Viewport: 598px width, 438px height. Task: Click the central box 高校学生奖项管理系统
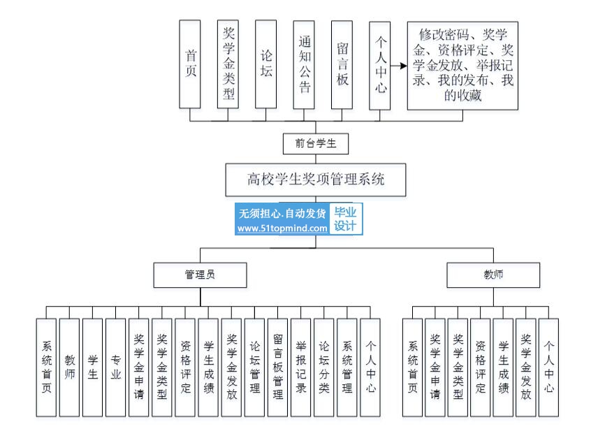pos(315,180)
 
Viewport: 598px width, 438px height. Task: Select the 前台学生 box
pos(315,144)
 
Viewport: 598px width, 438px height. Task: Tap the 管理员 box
pos(200,275)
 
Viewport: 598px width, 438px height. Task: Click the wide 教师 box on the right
pos(493,275)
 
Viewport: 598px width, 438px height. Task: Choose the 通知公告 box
pos(304,64)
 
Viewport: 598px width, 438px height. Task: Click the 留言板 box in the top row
pos(342,64)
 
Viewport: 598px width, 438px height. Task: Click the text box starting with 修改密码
pos(462,65)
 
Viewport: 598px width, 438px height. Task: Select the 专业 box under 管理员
pos(116,368)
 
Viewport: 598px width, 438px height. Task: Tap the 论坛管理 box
pos(255,368)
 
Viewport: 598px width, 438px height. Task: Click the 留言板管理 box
pos(278,368)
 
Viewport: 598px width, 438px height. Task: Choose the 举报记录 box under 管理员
pos(301,368)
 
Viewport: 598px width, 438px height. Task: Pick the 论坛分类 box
pos(324,368)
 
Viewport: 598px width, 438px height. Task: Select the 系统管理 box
pos(347,368)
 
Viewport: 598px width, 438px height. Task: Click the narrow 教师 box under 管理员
pos(69,368)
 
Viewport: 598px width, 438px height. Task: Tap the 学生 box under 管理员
pos(92,368)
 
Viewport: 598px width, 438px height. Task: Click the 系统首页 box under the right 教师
pos(413,368)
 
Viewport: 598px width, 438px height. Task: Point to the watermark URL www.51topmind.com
pos(282,228)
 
